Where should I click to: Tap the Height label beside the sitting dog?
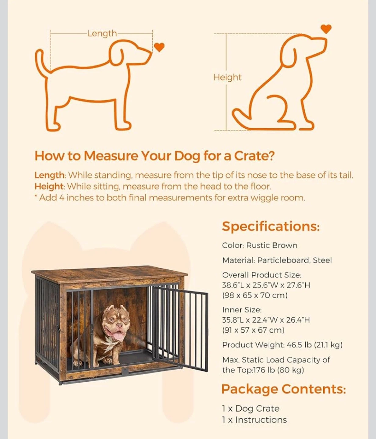click(x=227, y=77)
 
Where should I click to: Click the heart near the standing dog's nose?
click(x=159, y=47)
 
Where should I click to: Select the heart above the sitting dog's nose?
click(x=326, y=29)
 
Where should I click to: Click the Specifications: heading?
click(x=271, y=227)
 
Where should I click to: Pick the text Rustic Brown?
click(x=272, y=245)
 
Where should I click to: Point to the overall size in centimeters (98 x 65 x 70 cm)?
click(x=255, y=295)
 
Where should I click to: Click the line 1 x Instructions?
click(x=254, y=420)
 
